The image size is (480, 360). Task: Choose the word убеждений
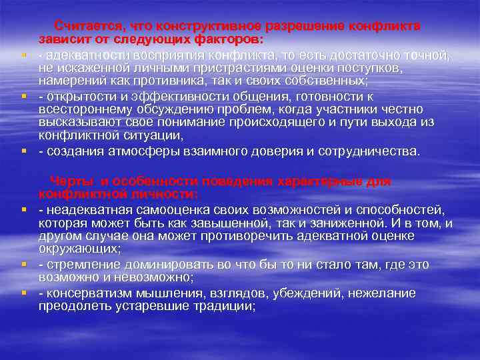(x=305, y=293)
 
